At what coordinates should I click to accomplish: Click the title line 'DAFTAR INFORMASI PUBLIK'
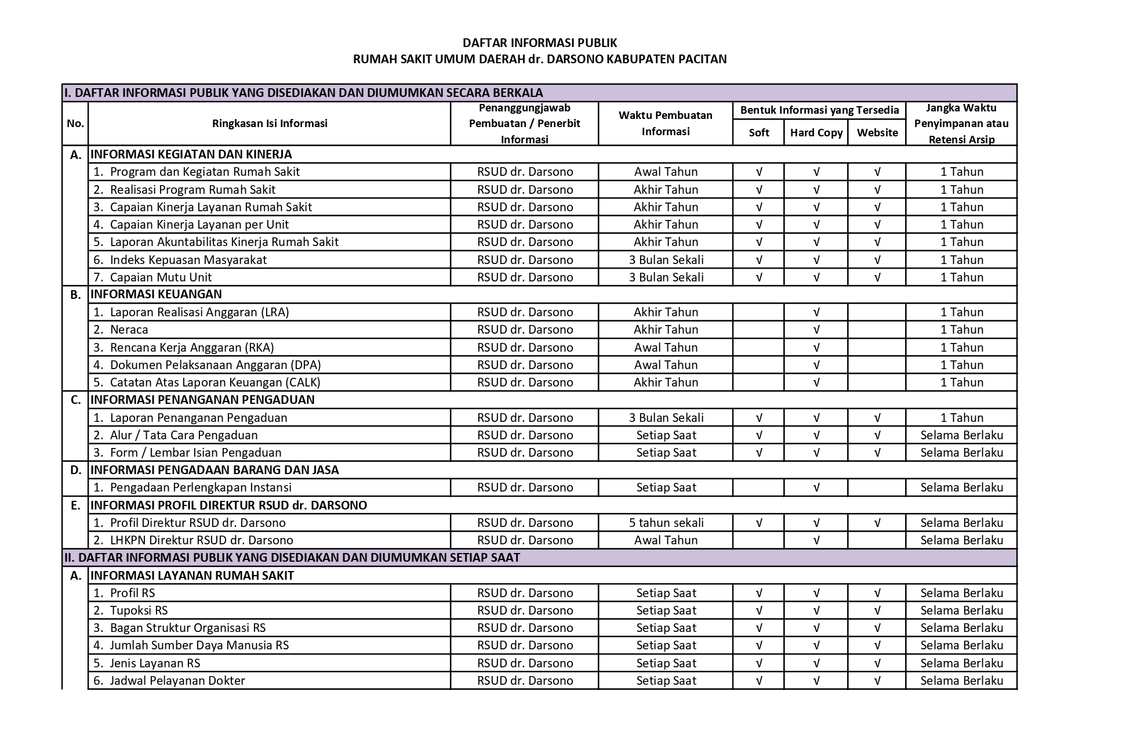[x=539, y=43]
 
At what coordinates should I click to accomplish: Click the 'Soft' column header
[x=758, y=133]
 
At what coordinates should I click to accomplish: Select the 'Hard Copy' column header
[x=816, y=133]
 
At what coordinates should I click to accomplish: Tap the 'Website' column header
[x=877, y=133]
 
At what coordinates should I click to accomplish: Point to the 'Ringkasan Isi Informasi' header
[x=270, y=124]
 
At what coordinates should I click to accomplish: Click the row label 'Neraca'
[x=129, y=330]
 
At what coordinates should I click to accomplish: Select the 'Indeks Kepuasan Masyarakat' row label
[x=188, y=260]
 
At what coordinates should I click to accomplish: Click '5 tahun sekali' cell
[x=666, y=523]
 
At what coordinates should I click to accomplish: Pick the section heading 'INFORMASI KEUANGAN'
[x=156, y=294]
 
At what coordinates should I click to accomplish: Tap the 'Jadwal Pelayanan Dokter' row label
[x=177, y=681]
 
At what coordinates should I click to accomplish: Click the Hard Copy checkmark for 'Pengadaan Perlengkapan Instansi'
[x=816, y=487]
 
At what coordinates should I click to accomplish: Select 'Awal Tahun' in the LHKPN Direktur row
[x=666, y=540]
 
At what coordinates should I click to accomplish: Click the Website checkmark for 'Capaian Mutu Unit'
[x=877, y=277]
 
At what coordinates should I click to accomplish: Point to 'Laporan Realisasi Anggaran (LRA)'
[x=199, y=312]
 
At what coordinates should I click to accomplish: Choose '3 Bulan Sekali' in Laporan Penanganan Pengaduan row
[x=666, y=418]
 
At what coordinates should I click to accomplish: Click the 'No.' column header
[x=75, y=124]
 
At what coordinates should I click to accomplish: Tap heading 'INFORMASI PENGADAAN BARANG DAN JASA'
[x=215, y=470]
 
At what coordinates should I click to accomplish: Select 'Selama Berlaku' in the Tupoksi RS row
[x=961, y=610]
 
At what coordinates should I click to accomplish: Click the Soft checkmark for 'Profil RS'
[x=758, y=593]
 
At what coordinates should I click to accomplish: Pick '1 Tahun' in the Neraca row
[x=961, y=330]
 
